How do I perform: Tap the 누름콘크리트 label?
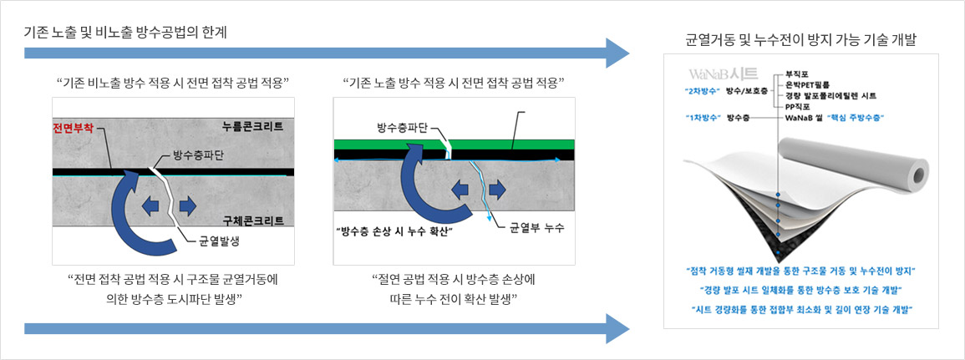click(253, 127)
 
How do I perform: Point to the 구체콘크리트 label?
click(253, 221)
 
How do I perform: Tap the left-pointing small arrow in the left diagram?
click(150, 205)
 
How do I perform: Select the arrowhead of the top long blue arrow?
click(617, 53)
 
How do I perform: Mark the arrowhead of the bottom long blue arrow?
click(617, 328)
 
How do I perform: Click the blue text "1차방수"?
click(702, 117)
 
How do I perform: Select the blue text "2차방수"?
click(702, 91)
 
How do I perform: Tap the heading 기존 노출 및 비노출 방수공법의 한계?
click(125, 33)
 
